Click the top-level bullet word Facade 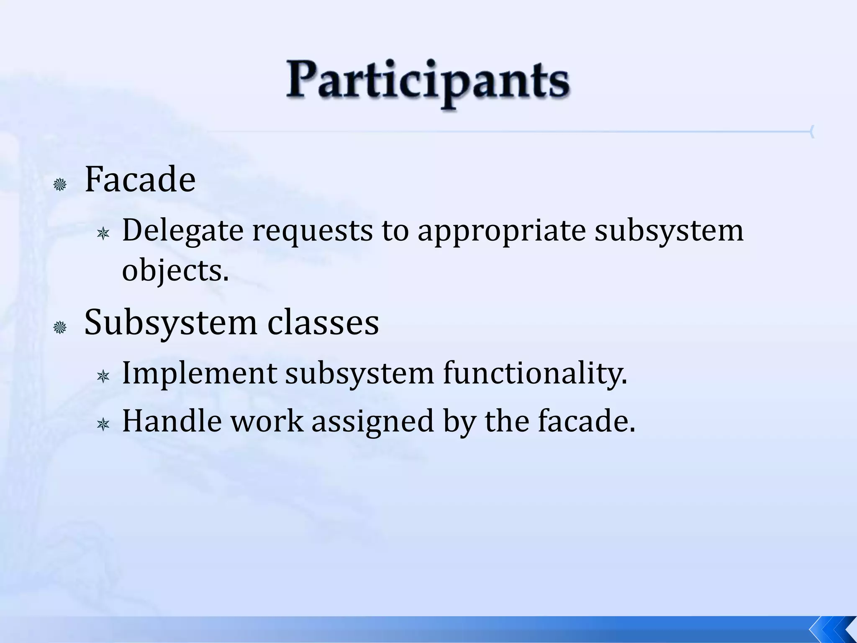click(x=140, y=180)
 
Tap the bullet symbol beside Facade click(x=60, y=184)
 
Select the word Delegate click(x=182, y=231)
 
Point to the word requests click(x=312, y=231)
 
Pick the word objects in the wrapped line click(x=175, y=271)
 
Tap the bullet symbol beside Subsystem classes click(x=60, y=327)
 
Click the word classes click(x=323, y=323)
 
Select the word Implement click(x=199, y=373)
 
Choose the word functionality click(x=535, y=373)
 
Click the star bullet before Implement click(x=103, y=377)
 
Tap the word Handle click(x=172, y=421)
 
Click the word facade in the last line click(x=586, y=421)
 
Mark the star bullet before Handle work click(x=103, y=425)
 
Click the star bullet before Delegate click(x=103, y=234)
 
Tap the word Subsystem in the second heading click(x=170, y=323)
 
